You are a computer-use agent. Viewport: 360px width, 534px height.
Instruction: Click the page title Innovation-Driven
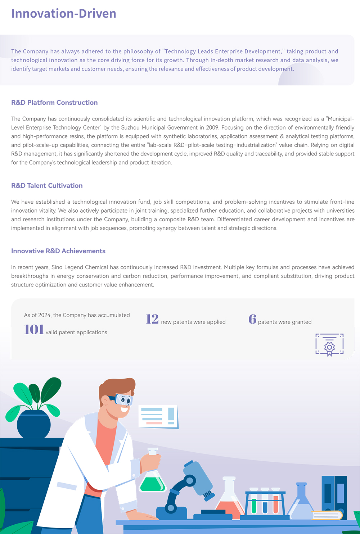coord(64,14)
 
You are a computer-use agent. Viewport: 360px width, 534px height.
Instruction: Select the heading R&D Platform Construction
coord(54,103)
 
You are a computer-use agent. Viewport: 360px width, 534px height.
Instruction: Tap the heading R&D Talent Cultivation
coord(47,186)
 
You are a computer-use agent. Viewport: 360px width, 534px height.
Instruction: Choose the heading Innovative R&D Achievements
coord(58,251)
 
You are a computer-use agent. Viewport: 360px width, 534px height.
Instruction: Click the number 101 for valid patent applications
coord(34,330)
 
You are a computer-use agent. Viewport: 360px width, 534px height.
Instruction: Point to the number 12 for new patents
coord(152,319)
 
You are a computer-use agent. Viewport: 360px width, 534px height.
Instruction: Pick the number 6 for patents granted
coord(252,319)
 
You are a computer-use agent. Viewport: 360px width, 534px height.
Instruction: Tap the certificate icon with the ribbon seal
coord(329,345)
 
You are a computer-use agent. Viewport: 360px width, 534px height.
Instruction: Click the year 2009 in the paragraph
coord(212,127)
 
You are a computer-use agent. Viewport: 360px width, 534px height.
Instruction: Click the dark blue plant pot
coord(33,425)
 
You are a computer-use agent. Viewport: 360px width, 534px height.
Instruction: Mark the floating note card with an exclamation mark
coord(158,416)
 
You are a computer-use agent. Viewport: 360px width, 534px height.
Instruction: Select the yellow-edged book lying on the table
coord(327,515)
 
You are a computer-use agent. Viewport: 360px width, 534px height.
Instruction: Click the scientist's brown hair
coord(117,387)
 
